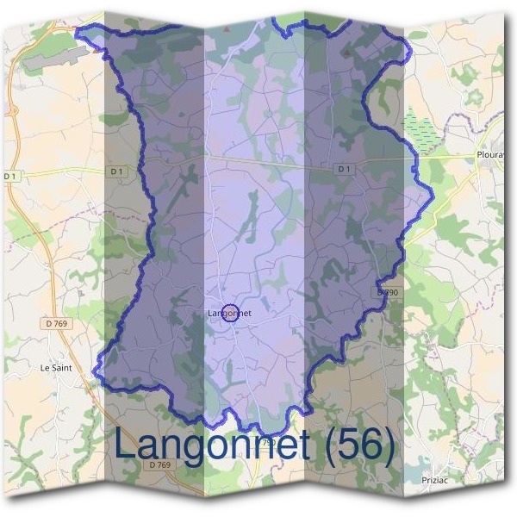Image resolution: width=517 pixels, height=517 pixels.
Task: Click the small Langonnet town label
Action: tap(229, 314)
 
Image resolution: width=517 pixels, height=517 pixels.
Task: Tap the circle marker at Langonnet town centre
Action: tap(229, 314)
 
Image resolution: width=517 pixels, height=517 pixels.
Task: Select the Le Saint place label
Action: tap(54, 367)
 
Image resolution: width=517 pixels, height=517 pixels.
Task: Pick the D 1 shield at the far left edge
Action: tap(10, 176)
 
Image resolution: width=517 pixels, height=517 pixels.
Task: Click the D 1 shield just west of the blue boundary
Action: tap(118, 171)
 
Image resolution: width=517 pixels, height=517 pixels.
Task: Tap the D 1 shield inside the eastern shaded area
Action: tap(345, 169)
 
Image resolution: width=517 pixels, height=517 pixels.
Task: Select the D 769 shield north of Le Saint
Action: tap(54, 325)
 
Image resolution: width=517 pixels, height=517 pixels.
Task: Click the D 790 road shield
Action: tap(387, 293)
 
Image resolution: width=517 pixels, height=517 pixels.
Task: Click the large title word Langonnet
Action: tap(211, 445)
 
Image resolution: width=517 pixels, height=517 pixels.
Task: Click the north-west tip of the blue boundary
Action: tap(78, 32)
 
